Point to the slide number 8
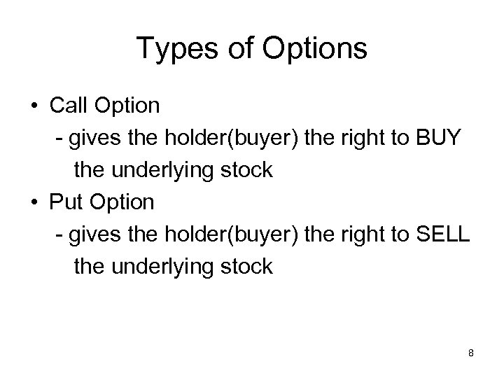(x=471, y=353)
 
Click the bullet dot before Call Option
(x=34, y=106)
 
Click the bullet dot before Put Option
(x=34, y=203)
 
